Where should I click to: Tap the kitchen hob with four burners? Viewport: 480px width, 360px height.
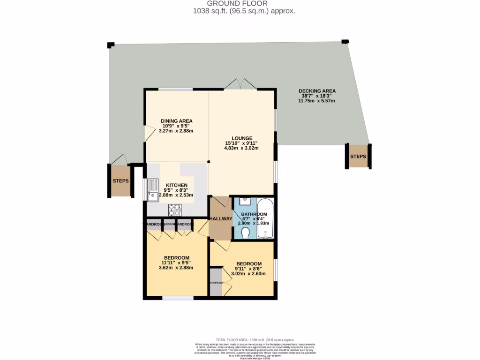(x=175, y=210)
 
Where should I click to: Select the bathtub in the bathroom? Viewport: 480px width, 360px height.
(x=265, y=219)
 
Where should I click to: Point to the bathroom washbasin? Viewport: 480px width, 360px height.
(x=245, y=202)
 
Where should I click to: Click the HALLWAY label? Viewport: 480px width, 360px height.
(x=221, y=219)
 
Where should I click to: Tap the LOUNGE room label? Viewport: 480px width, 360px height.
(x=241, y=138)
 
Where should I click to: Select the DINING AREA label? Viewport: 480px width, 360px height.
(x=177, y=121)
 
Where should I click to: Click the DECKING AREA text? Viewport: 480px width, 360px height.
(x=317, y=91)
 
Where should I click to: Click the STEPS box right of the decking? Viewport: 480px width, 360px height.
(x=358, y=156)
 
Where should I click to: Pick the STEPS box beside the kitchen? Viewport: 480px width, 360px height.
(x=120, y=180)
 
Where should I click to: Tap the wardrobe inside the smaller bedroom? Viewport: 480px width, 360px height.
(x=216, y=282)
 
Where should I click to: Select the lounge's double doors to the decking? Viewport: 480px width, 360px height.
(x=240, y=84)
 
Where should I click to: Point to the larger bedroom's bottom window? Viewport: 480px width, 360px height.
(x=178, y=298)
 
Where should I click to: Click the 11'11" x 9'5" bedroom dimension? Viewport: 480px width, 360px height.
(x=176, y=263)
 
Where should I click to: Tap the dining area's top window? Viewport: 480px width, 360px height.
(x=175, y=89)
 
